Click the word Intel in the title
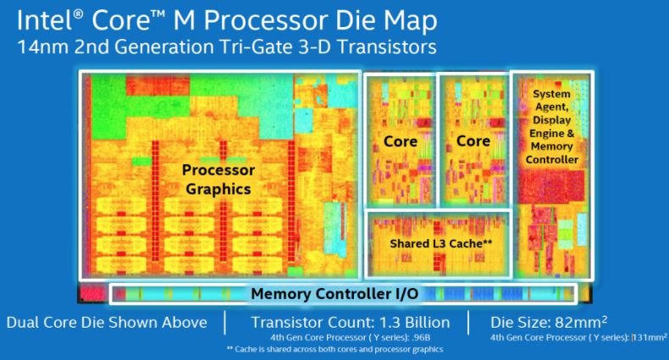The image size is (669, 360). click(40, 19)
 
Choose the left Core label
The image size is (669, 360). click(400, 141)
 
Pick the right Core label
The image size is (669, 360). click(473, 141)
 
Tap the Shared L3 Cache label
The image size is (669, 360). click(441, 244)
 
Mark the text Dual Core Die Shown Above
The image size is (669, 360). click(106, 323)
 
